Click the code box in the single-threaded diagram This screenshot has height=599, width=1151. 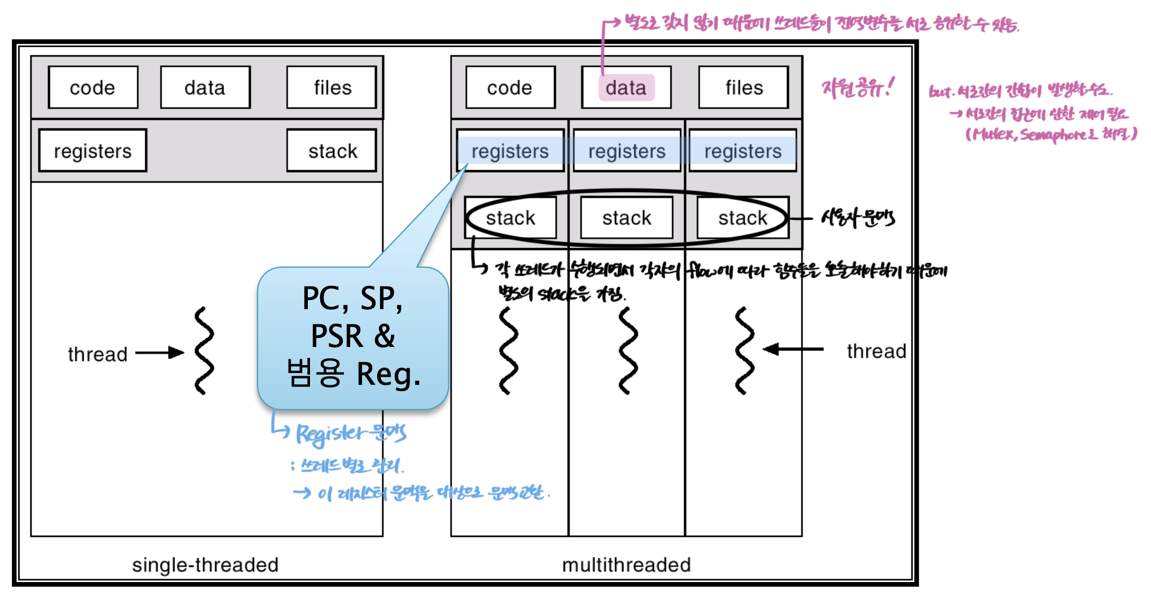click(x=93, y=88)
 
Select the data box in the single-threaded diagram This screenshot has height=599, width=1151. click(x=205, y=88)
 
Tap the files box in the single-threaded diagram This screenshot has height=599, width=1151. click(x=332, y=88)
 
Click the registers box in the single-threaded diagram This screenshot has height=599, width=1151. click(x=93, y=151)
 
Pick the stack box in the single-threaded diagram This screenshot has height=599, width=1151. click(x=332, y=151)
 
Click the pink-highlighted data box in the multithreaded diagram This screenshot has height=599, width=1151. click(x=626, y=88)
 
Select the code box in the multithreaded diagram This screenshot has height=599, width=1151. click(x=510, y=88)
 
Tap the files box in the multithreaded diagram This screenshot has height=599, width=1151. click(x=743, y=88)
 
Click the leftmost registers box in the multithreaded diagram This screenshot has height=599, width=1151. click(x=510, y=151)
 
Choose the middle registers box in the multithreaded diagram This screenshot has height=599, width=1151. click(x=627, y=151)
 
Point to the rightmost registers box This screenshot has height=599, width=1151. click(x=743, y=151)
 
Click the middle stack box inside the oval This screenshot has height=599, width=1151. click(x=627, y=218)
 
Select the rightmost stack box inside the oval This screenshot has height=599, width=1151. click(x=743, y=218)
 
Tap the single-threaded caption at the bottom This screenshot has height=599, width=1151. click(x=205, y=565)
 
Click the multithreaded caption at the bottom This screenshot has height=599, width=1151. click(x=626, y=565)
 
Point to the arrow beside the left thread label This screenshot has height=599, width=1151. click(x=160, y=353)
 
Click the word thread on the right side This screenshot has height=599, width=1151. click(x=876, y=351)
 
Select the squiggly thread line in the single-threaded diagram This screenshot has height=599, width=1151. click(x=204, y=351)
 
